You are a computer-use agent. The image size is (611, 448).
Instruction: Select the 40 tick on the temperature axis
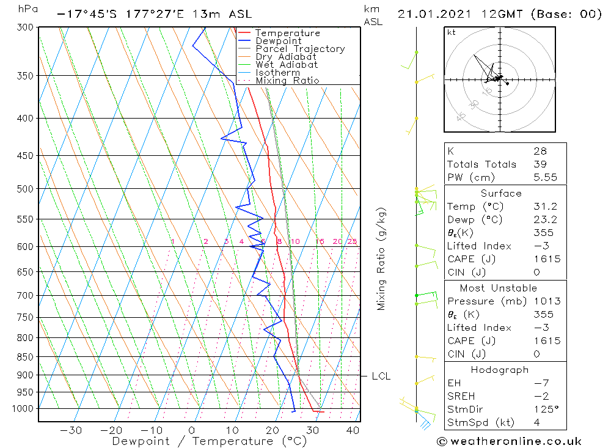[x=353, y=430]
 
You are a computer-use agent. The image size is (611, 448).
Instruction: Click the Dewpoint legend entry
[x=278, y=41]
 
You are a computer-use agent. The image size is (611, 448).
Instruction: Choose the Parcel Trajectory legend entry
[x=300, y=49]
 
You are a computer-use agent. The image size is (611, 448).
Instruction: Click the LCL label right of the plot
[x=381, y=376]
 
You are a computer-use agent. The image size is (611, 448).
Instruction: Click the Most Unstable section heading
[x=498, y=288]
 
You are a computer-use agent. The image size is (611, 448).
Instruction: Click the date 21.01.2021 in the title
[x=431, y=14]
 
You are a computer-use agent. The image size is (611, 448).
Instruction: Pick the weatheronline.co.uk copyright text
[x=509, y=441]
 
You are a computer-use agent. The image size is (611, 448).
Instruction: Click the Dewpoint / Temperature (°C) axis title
[x=210, y=441]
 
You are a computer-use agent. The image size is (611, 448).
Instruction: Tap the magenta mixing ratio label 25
[x=352, y=242]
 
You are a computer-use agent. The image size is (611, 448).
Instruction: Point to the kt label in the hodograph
[x=452, y=32]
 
